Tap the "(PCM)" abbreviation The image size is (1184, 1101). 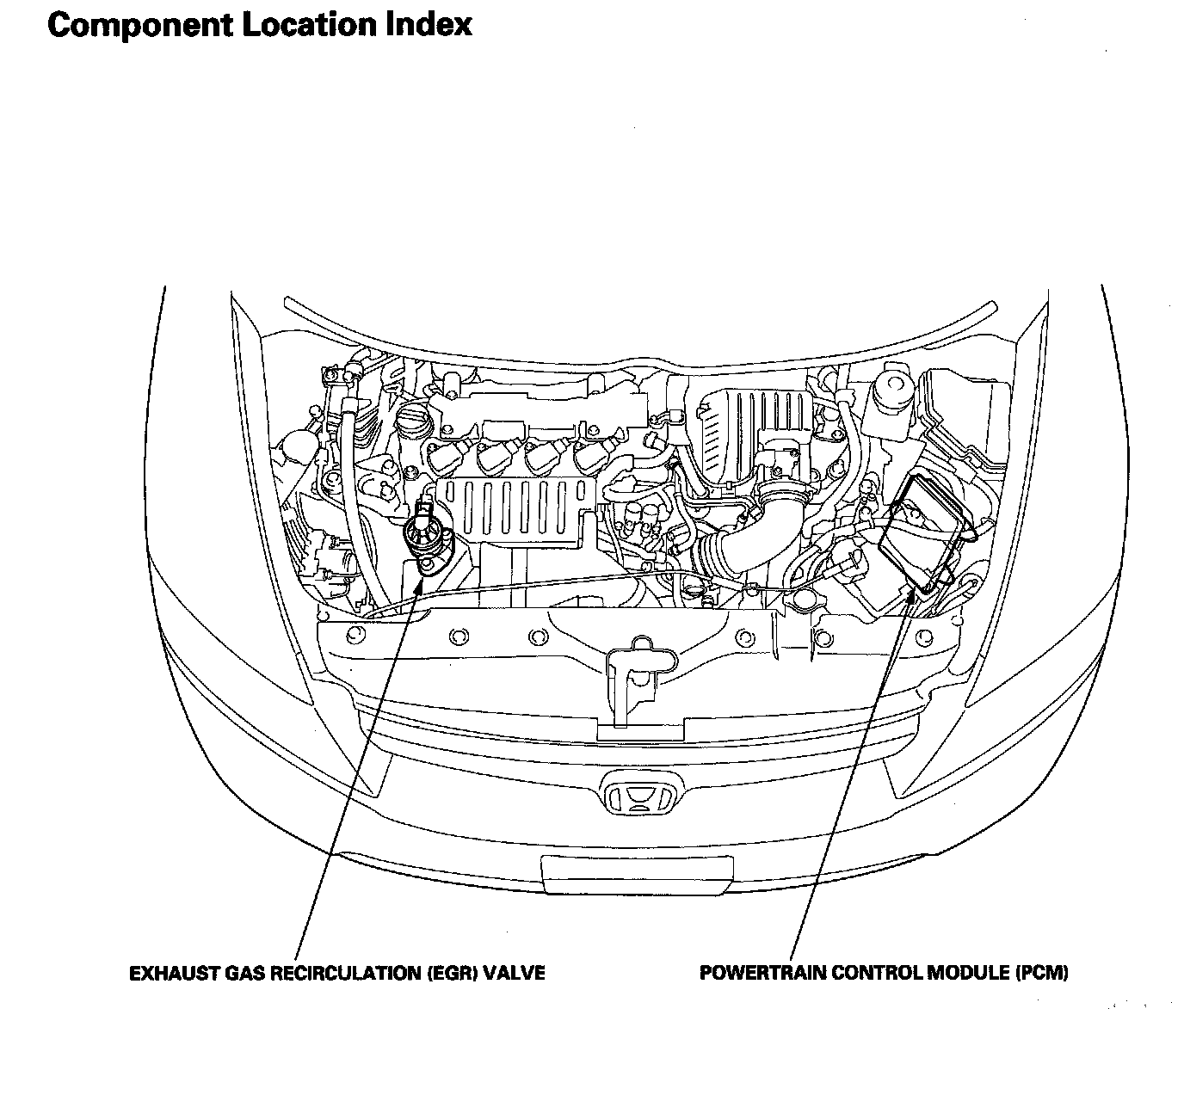coord(1041,974)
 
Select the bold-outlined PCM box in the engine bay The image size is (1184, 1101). coord(922,533)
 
